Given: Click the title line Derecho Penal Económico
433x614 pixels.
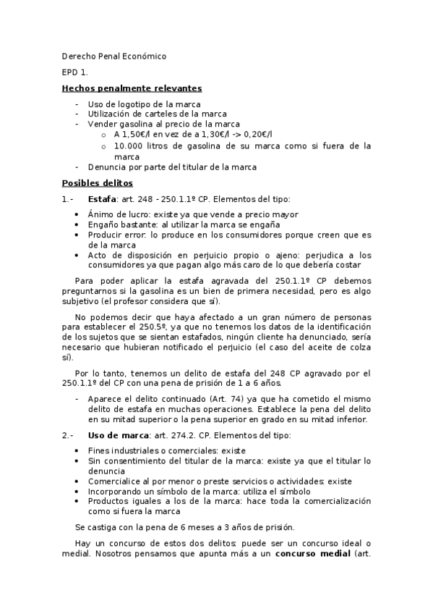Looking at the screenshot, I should point(113,56).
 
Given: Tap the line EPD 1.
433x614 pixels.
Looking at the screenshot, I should point(74,72).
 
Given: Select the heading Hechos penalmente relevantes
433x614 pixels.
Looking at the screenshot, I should point(132,88).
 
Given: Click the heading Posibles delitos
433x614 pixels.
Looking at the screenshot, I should point(97,183).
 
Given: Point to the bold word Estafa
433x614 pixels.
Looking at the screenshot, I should point(102,199).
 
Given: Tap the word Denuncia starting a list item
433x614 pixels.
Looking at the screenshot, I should point(108,167).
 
